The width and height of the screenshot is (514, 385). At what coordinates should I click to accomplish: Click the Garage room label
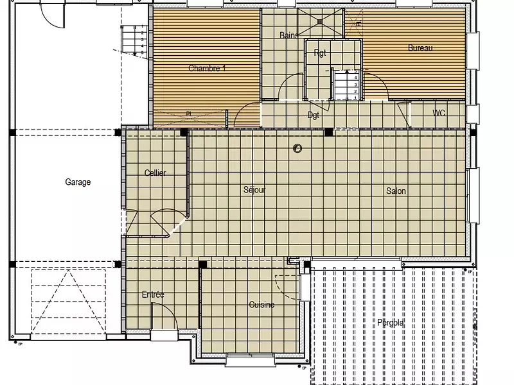click(x=78, y=182)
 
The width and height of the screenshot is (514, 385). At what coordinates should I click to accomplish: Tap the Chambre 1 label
click(x=207, y=68)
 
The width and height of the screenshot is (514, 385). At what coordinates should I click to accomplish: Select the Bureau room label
click(x=420, y=48)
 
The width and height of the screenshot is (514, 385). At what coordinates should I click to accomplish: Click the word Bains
click(x=288, y=36)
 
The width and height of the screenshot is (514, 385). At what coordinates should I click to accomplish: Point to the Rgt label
click(x=320, y=53)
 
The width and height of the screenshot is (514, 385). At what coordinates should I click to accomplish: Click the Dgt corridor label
click(x=314, y=116)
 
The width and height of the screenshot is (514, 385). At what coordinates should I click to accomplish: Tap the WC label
click(x=439, y=113)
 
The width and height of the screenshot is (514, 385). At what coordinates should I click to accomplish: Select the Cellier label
click(x=155, y=173)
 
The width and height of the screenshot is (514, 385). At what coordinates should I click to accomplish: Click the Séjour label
click(x=254, y=190)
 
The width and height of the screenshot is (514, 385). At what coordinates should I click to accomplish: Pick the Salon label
click(x=396, y=191)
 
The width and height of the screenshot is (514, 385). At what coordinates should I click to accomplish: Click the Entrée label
click(x=153, y=295)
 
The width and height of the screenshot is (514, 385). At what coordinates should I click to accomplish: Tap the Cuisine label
click(x=261, y=305)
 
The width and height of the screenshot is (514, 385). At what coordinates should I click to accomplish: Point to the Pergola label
click(x=391, y=323)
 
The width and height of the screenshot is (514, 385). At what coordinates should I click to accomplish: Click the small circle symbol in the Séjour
click(x=297, y=149)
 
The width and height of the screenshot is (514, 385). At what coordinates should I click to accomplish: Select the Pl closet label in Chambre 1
click(x=189, y=114)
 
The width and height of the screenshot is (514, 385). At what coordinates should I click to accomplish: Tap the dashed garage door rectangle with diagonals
click(x=68, y=302)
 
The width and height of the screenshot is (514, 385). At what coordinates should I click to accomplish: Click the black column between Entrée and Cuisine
click(x=202, y=264)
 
